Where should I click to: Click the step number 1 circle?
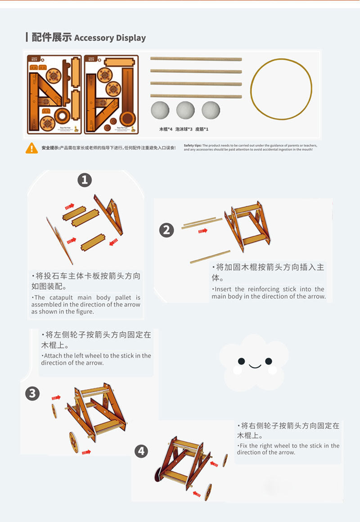(x=85, y=180)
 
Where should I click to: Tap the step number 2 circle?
(x=166, y=230)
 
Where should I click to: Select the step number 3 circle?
(x=32, y=394)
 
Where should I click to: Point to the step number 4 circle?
(x=141, y=451)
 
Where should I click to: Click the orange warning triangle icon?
(x=31, y=148)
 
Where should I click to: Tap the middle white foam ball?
(x=185, y=110)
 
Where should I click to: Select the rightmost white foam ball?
(x=211, y=110)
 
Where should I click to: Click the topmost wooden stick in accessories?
(x=196, y=59)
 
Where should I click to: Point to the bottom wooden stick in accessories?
(x=196, y=96)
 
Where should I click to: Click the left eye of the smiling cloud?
(x=242, y=361)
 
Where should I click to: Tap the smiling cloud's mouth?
(x=255, y=366)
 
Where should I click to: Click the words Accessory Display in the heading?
(x=110, y=38)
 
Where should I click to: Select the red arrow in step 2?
(x=203, y=231)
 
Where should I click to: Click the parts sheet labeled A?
(x=54, y=94)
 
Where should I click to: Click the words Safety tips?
(x=192, y=146)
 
